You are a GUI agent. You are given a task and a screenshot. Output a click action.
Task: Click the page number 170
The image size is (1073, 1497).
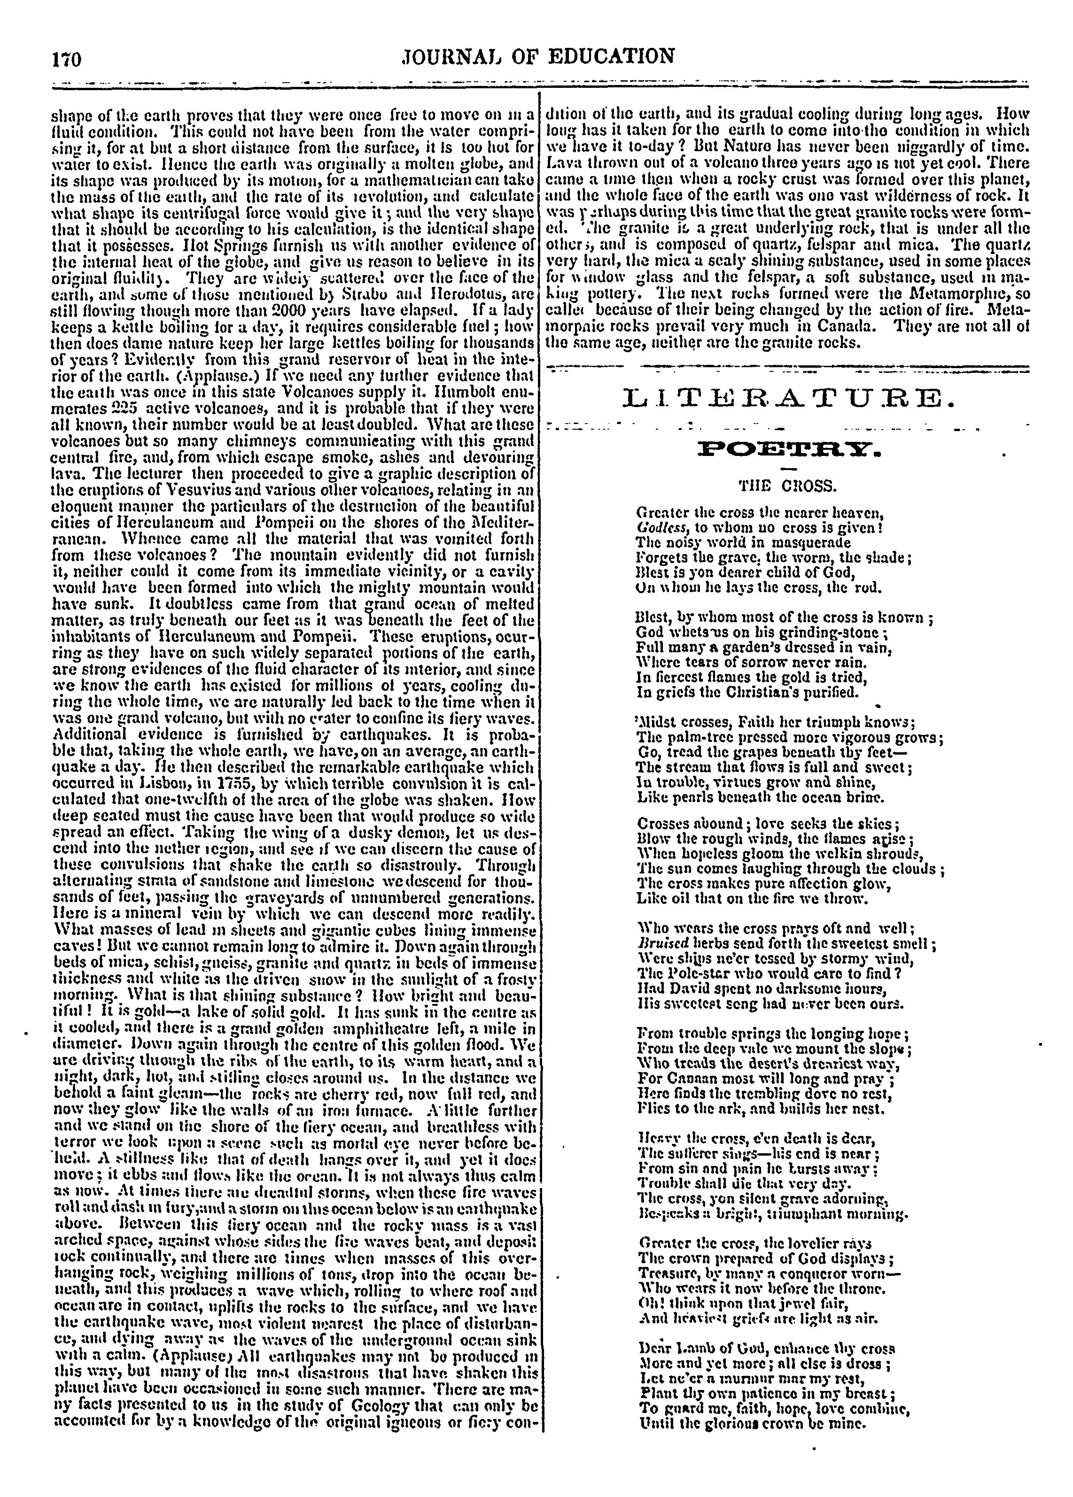tap(66, 60)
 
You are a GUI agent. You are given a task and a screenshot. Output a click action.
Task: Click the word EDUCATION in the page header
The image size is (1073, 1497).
tap(614, 55)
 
